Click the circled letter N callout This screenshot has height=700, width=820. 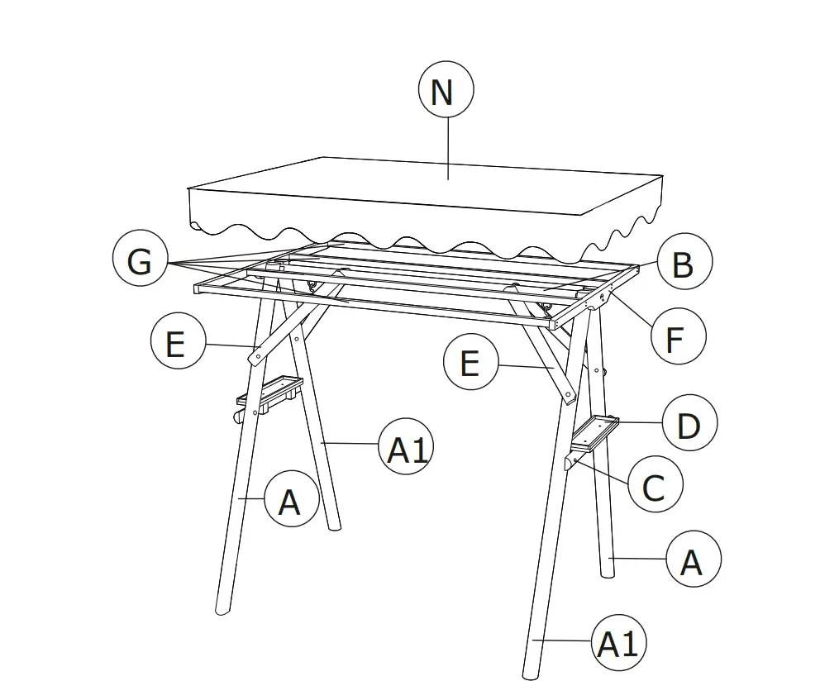(x=446, y=91)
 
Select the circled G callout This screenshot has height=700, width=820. (x=140, y=262)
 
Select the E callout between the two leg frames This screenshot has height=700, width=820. (x=470, y=362)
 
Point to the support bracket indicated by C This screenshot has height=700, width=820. (x=577, y=459)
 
